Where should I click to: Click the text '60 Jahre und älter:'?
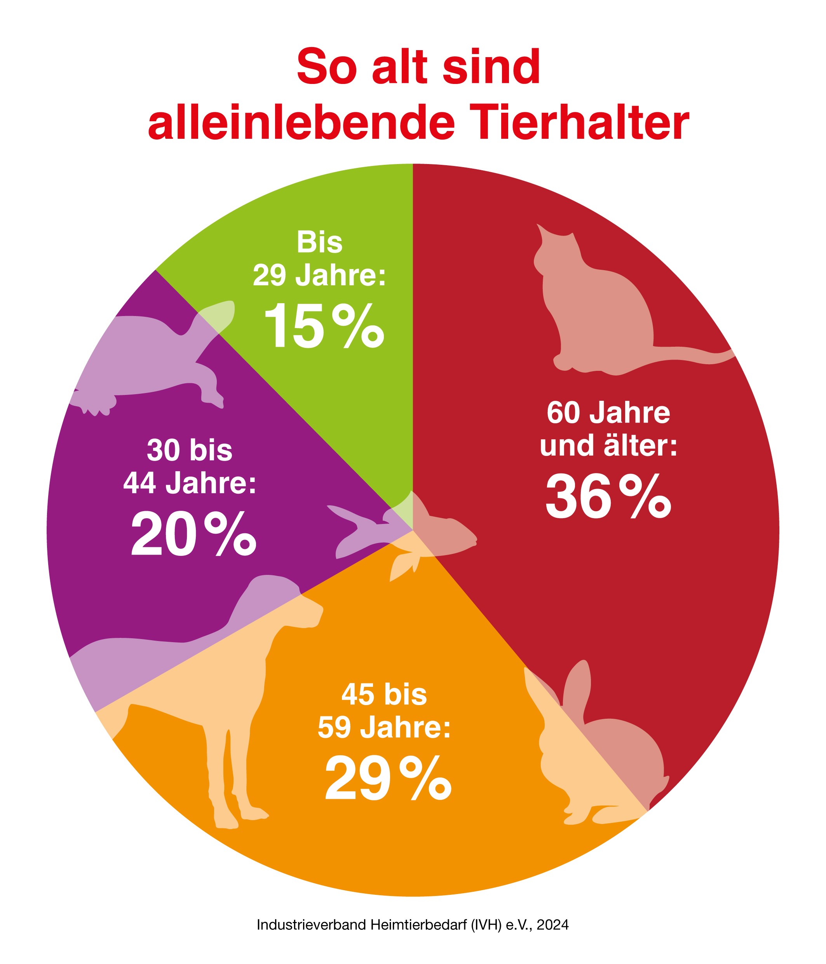pos(608,429)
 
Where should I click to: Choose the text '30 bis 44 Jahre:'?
pos(190,467)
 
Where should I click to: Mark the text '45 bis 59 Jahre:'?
pos(384,711)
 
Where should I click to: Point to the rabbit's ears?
pos(577,684)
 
